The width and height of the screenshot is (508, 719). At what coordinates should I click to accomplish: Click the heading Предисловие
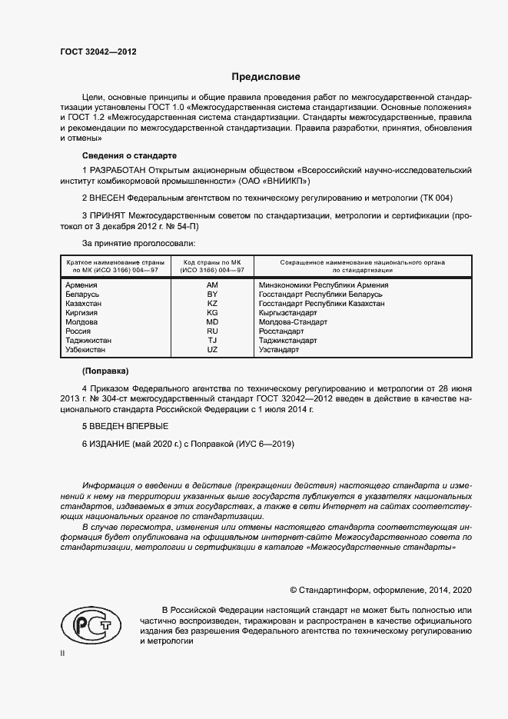point(267,77)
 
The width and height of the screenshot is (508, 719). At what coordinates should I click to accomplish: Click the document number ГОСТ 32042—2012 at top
point(98,52)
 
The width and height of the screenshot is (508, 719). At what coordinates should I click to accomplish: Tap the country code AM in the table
point(212,285)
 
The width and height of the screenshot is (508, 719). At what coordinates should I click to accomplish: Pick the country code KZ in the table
point(212,304)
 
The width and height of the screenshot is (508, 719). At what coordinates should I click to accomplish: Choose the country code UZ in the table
point(212,350)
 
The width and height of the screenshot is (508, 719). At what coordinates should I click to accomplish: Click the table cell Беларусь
point(83,295)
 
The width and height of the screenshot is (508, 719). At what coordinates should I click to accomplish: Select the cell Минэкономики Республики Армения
point(324,285)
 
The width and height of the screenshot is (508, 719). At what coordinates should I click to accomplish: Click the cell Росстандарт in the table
point(281,331)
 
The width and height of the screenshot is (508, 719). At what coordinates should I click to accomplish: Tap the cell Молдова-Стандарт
point(291,322)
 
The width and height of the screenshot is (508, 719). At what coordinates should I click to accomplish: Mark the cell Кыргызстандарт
point(288,313)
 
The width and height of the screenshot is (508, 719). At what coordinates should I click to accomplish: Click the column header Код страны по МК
point(212,265)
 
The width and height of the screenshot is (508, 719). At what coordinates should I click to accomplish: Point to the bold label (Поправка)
point(105,371)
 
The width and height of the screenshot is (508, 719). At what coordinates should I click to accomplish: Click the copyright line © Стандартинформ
point(380,590)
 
